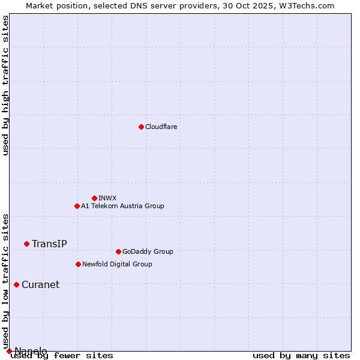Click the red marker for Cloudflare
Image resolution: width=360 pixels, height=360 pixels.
[x=141, y=127]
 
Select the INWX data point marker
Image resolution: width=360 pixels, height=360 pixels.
[x=94, y=198]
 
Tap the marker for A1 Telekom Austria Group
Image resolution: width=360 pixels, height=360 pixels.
[x=77, y=206]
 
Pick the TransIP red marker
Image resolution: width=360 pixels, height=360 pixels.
[x=26, y=244]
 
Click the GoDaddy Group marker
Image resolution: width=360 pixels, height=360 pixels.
[x=118, y=251]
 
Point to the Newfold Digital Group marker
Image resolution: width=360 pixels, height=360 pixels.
[x=78, y=264]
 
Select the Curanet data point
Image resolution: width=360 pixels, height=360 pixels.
[x=16, y=284]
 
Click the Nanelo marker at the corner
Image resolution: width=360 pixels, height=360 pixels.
[x=9, y=351]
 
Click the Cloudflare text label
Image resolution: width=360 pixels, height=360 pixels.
[x=161, y=127]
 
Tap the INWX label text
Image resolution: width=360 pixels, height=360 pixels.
[x=107, y=198]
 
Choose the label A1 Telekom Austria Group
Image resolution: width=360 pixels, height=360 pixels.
[x=122, y=206]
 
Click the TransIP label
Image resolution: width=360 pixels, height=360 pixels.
[x=49, y=244]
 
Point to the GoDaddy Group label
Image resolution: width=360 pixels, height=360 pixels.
[x=148, y=251]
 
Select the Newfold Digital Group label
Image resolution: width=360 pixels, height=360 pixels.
[x=117, y=264]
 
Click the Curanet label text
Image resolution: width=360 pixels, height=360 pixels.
[x=40, y=284]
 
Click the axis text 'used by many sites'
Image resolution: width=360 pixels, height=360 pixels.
[x=301, y=355]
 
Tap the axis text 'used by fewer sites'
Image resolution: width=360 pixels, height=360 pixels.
[x=62, y=355]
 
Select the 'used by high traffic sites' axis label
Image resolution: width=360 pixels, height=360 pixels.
[x=6, y=85]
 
